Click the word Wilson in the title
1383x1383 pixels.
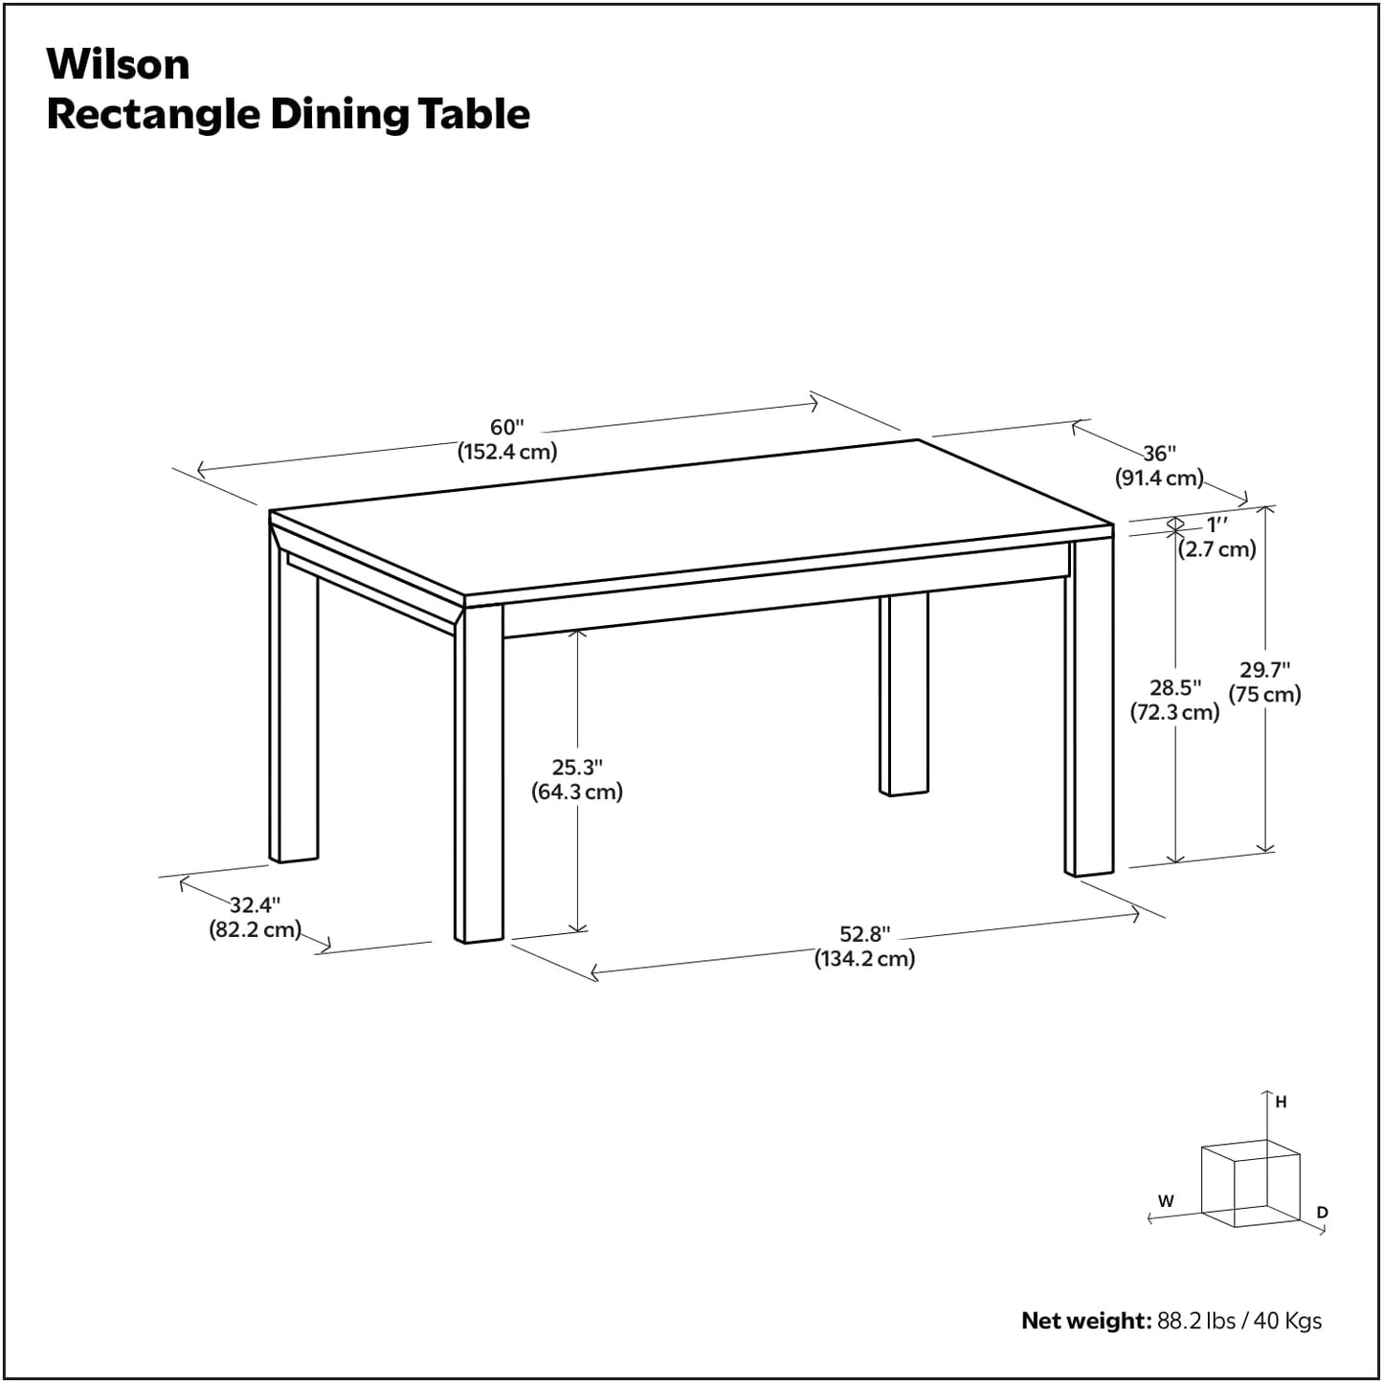click(118, 64)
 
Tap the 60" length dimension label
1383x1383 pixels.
click(506, 427)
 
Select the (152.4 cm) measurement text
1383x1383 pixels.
click(506, 452)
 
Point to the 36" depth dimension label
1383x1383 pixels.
click(1159, 453)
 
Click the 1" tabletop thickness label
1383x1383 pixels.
click(1216, 524)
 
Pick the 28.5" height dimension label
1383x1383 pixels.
click(1174, 687)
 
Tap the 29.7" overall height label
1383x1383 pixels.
click(1264, 670)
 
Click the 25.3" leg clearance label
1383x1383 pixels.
click(577, 767)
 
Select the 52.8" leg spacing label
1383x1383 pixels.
click(864, 934)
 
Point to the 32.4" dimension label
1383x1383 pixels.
click(255, 904)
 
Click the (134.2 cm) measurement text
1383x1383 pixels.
click(864, 959)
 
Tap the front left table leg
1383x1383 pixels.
click(479, 775)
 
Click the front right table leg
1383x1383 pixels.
click(1089, 708)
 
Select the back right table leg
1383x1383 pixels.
click(903, 694)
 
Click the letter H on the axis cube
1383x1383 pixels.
click(1281, 1102)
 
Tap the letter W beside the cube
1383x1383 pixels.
click(1166, 1201)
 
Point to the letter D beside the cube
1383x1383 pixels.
click(1322, 1213)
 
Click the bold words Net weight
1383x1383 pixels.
click(1085, 1321)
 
